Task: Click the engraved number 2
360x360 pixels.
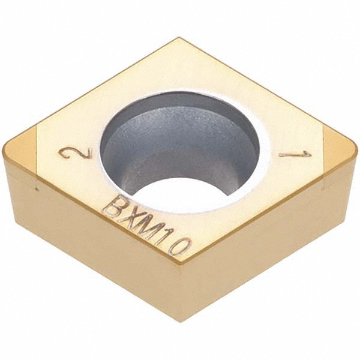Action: [76, 154]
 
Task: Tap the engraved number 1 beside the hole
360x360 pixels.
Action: [295, 155]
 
